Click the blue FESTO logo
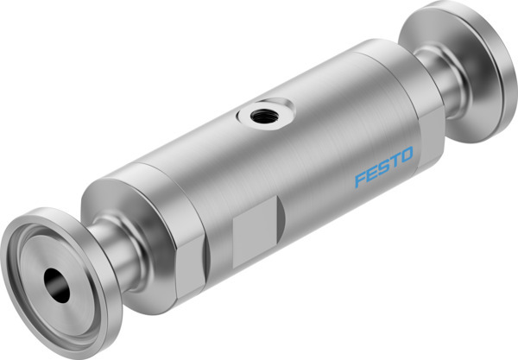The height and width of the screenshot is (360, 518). [x=384, y=167]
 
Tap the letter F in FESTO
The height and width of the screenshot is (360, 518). [x=359, y=179]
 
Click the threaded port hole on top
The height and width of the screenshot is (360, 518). [x=259, y=111]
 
